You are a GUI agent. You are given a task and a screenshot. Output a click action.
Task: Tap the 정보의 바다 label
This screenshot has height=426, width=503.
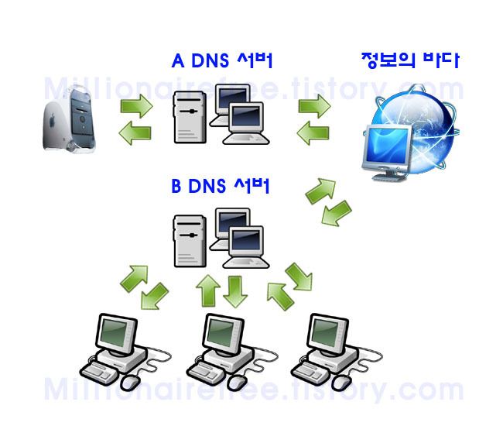pyautogui.click(x=410, y=60)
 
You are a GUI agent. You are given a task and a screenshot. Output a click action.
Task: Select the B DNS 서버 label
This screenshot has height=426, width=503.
pyautogui.click(x=221, y=187)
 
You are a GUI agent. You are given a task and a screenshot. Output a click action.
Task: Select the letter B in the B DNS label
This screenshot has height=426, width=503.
pyautogui.click(x=176, y=187)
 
